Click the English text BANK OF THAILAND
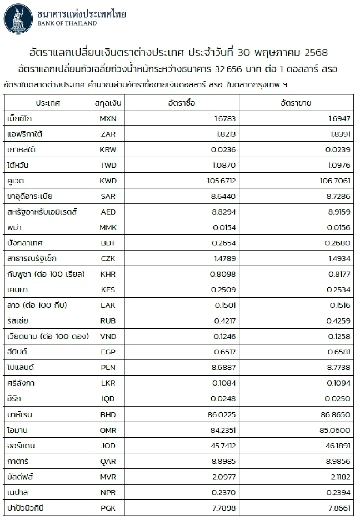click(67, 23)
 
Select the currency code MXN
click(108, 119)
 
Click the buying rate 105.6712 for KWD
click(221, 181)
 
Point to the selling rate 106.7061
click(335, 181)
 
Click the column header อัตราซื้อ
click(181, 103)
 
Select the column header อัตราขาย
click(296, 103)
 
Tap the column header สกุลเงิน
click(108, 103)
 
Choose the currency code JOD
click(108, 446)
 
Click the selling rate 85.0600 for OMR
click(334, 430)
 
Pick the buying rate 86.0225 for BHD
click(221, 415)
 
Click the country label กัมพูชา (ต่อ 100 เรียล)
click(46, 274)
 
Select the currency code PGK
click(108, 508)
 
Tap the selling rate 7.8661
click(338, 508)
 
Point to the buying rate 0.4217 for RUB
click(225, 321)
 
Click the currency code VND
click(108, 337)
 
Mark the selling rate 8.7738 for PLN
click(338, 368)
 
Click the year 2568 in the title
click(316, 53)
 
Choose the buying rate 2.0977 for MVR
click(224, 477)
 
